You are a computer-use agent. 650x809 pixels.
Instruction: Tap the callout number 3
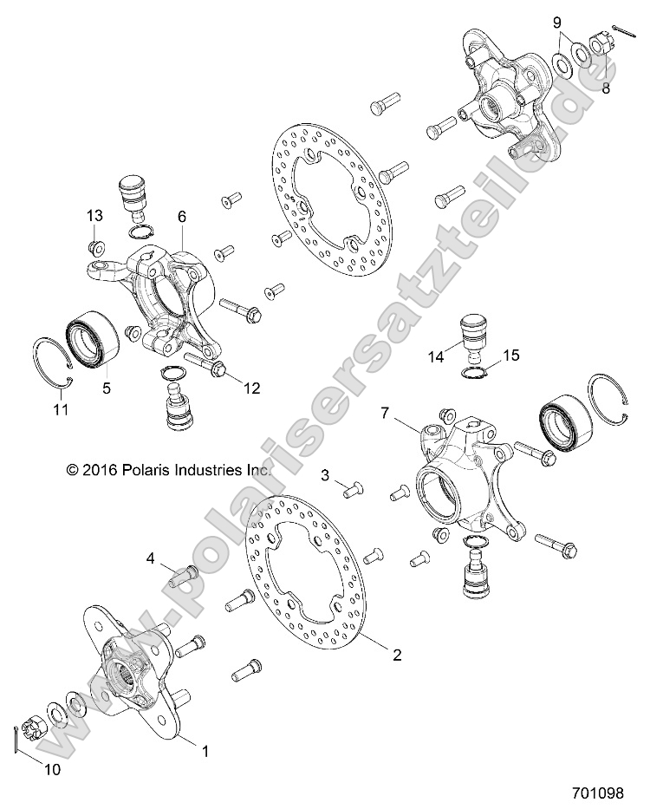326,474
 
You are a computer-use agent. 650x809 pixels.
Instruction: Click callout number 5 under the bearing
107,389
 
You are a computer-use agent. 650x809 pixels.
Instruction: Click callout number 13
94,215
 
